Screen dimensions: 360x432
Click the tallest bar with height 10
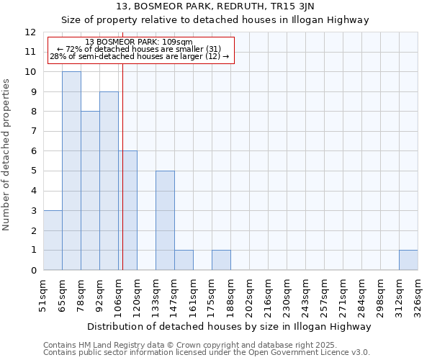pyautogui.click(x=71, y=171)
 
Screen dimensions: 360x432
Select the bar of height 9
pyautogui.click(x=109, y=181)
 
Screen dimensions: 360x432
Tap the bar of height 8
pyautogui.click(x=90, y=191)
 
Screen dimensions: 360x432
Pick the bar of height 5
pyautogui.click(x=165, y=220)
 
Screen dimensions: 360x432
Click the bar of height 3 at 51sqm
pyautogui.click(x=53, y=240)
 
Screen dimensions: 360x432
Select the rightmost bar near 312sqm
pyautogui.click(x=408, y=260)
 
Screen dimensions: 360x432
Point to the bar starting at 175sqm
pyautogui.click(x=221, y=260)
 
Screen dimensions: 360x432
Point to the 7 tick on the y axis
pyautogui.click(x=32, y=132)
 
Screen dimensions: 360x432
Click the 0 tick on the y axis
pyautogui.click(x=32, y=270)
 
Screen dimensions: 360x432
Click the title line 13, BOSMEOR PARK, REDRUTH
pyautogui.click(x=215, y=6)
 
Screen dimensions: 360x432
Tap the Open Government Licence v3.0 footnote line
pyautogui.click(x=207, y=353)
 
